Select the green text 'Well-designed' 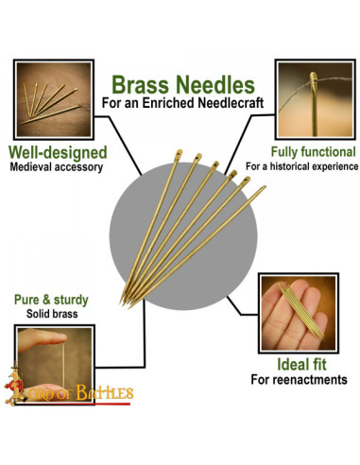point(57,152)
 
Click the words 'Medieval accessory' point(58,168)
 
